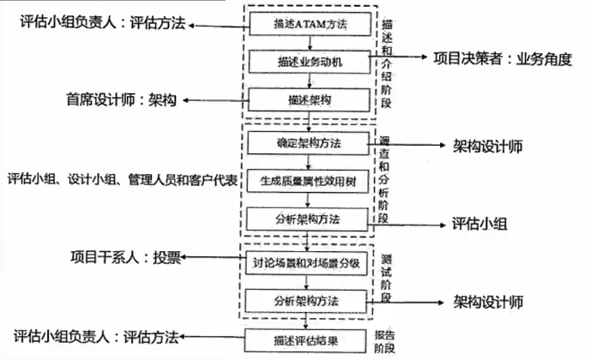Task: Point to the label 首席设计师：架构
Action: point(123,99)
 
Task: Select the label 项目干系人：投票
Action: point(125,258)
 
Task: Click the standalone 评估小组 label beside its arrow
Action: point(479,225)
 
